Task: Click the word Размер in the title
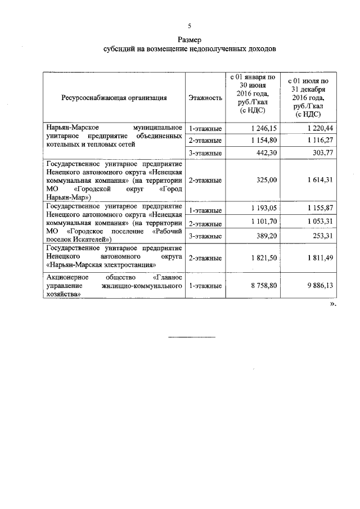coord(190,40)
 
